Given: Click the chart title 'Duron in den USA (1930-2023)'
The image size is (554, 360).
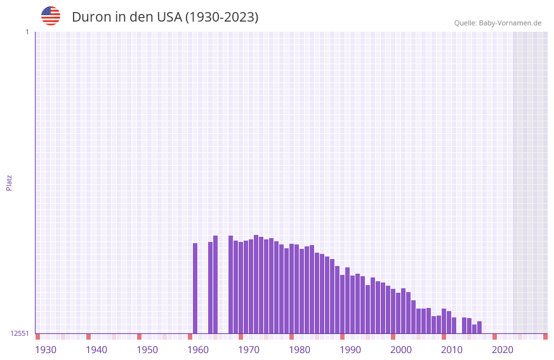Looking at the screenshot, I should pyautogui.click(x=165, y=17).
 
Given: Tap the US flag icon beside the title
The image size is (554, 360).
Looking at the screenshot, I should pyautogui.click(x=51, y=16).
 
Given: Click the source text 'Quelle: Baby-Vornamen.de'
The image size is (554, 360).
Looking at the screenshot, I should pyautogui.click(x=498, y=23).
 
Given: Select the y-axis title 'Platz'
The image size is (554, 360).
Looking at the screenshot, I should pyautogui.click(x=9, y=182).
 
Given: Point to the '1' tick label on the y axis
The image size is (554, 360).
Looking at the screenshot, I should pyautogui.click(x=27, y=32).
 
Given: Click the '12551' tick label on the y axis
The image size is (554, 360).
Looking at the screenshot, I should pyautogui.click(x=20, y=333).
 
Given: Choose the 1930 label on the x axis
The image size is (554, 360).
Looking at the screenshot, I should pyautogui.click(x=46, y=350).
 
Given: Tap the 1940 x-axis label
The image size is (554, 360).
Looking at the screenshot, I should pyautogui.click(x=96, y=350).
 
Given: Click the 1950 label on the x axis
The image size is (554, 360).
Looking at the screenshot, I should pyautogui.click(x=147, y=350).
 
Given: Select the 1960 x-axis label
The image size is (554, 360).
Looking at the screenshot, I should pyautogui.click(x=198, y=350).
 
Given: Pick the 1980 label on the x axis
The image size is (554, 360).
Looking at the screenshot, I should pyautogui.click(x=300, y=350).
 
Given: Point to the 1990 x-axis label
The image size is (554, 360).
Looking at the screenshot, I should pyautogui.click(x=350, y=350).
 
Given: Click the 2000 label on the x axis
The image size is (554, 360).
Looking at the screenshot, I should pyautogui.click(x=401, y=350).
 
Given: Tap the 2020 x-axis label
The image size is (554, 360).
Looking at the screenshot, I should pyautogui.click(x=503, y=350).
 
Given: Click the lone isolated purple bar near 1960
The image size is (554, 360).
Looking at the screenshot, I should pyautogui.click(x=195, y=288).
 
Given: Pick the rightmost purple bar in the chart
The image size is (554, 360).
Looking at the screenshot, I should pyautogui.click(x=479, y=327).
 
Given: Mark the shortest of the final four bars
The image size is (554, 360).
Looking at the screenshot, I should pyautogui.click(x=474, y=329).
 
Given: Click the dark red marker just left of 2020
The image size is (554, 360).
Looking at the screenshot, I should pyautogui.click(x=494, y=337).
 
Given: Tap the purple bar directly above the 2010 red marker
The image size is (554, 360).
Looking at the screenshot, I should pyautogui.click(x=444, y=321).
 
